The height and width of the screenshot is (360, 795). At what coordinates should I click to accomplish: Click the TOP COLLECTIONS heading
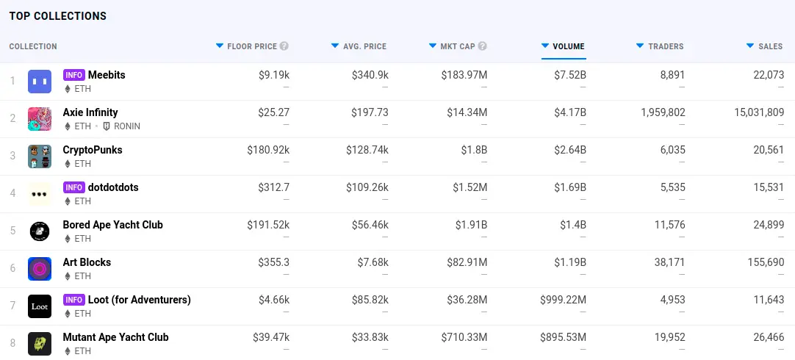[x=58, y=16]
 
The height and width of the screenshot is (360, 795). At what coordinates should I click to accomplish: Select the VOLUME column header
[x=568, y=46]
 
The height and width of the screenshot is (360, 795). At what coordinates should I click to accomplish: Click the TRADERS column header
[x=665, y=46]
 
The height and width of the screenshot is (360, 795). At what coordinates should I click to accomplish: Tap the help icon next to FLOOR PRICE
[x=284, y=46]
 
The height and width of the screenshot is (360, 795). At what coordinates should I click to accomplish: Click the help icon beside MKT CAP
[x=482, y=46]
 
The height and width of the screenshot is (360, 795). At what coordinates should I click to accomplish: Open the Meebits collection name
[x=107, y=75]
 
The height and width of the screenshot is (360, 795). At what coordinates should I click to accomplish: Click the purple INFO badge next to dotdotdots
[x=73, y=187]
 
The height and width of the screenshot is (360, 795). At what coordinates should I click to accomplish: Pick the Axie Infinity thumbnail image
[x=40, y=119]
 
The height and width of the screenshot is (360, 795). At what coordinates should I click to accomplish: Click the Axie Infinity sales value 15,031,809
[x=749, y=112]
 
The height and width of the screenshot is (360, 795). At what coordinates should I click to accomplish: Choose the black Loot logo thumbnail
[x=40, y=306]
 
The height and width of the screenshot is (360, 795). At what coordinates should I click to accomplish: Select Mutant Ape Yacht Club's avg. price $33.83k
[x=367, y=337]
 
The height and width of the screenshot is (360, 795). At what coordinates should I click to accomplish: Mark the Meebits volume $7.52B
[x=570, y=75]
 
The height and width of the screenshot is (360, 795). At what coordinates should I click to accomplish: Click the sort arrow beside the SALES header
[x=750, y=46]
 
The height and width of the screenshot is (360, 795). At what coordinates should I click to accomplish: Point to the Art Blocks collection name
[x=87, y=262]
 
